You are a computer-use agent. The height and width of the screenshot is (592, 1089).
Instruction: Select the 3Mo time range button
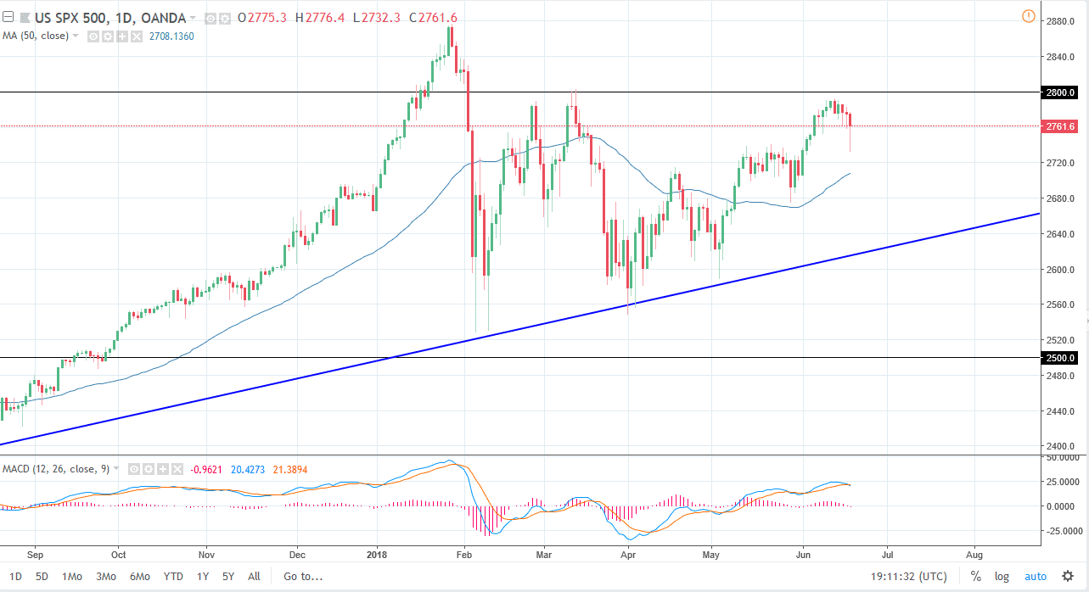pos(106,577)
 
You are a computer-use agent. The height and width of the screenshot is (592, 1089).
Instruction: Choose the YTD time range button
pos(173,577)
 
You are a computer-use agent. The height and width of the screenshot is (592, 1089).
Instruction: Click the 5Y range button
pos(228,577)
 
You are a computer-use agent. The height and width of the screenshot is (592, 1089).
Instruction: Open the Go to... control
pos(303,577)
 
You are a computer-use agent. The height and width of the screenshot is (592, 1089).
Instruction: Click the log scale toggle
pos(1002,577)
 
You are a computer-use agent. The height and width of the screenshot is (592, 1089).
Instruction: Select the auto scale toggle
pos(1036,577)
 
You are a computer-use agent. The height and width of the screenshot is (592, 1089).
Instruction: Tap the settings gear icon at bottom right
pos(1067,577)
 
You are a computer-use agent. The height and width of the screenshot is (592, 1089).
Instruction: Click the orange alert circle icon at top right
pos(1029,16)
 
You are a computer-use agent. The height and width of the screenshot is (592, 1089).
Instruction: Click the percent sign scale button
pos(976,577)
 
